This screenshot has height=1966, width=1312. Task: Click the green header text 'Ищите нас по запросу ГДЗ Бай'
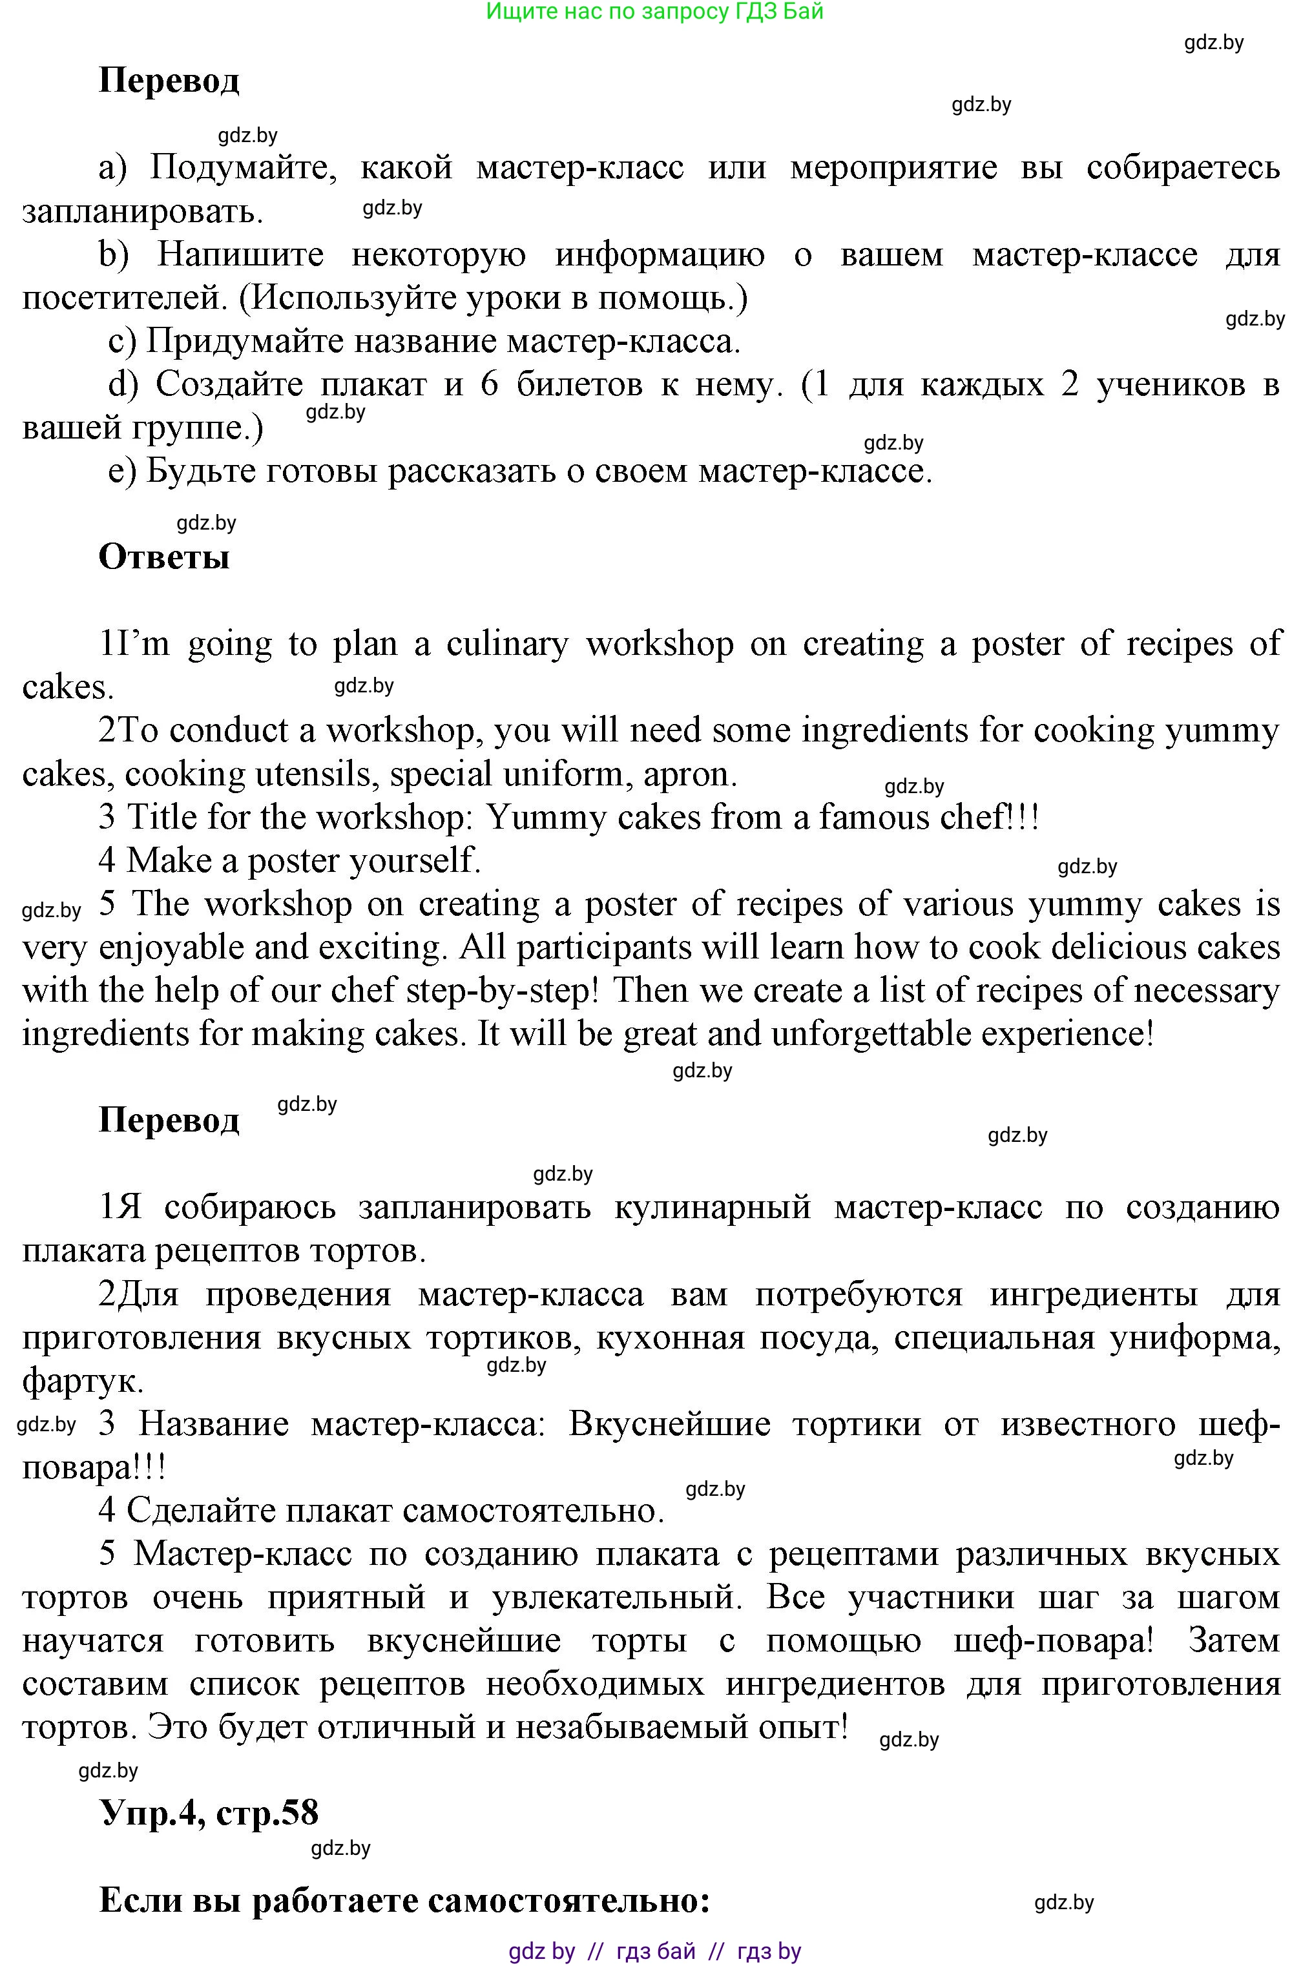[654, 11]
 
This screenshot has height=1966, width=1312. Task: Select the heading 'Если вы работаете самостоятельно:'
[405, 1901]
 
